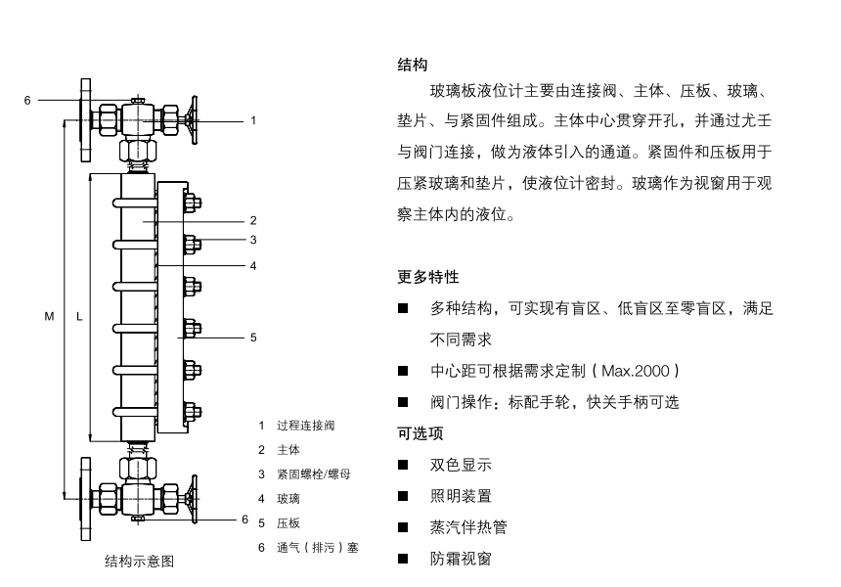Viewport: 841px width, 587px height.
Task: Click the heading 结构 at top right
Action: tap(413, 66)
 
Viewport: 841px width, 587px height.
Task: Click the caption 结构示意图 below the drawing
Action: tap(139, 561)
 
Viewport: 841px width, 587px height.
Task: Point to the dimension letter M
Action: tap(50, 317)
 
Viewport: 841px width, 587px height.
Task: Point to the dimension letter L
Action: tap(79, 317)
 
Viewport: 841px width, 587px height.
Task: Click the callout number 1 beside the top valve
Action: tap(253, 121)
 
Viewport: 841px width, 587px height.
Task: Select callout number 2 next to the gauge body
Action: tap(253, 221)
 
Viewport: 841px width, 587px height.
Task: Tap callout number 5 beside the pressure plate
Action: tap(253, 338)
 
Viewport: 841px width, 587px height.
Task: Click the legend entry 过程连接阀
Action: tap(306, 426)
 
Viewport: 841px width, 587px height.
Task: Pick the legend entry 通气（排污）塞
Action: tap(317, 548)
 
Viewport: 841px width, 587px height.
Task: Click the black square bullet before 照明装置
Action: tap(402, 497)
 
